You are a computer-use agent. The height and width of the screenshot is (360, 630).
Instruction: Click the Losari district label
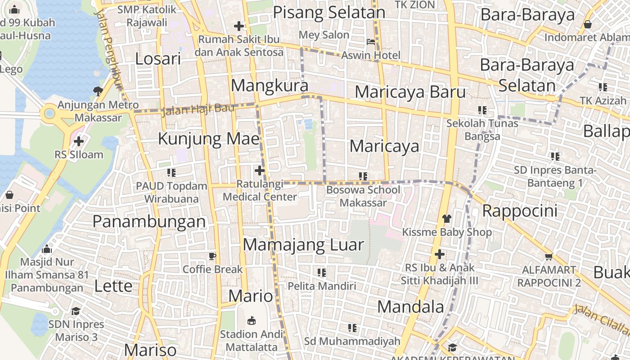[158, 59]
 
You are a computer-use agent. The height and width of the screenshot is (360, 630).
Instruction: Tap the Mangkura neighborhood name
[270, 85]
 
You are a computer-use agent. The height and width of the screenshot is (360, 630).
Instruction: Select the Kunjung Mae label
[209, 139]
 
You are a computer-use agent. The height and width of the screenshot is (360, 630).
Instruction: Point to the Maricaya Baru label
[410, 92]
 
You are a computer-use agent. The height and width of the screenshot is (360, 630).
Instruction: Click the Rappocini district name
[520, 211]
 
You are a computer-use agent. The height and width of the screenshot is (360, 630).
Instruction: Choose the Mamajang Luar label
[303, 245]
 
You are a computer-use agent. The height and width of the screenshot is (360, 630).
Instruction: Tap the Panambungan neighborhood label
[149, 221]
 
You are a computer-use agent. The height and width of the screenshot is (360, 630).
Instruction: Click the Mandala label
[410, 307]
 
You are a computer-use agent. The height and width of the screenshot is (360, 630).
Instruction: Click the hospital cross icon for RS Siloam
[79, 141]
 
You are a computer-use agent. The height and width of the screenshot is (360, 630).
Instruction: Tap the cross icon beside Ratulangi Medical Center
[259, 171]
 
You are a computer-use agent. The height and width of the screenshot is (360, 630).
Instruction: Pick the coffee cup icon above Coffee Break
[212, 256]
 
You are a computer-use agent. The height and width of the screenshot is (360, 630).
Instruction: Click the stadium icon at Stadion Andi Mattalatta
[252, 321]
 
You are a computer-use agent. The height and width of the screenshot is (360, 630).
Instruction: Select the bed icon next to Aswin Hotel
[371, 42]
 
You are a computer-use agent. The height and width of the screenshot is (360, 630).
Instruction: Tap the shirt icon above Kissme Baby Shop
[446, 219]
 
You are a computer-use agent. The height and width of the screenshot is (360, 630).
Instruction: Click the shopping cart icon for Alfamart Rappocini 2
[549, 257]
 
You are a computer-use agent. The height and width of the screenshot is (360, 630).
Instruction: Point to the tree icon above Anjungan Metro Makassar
[98, 91]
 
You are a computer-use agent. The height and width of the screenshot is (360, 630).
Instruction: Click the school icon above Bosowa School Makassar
[363, 176]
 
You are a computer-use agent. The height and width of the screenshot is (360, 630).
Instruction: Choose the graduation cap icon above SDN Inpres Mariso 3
[76, 311]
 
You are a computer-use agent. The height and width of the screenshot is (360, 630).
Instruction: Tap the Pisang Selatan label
[329, 12]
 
